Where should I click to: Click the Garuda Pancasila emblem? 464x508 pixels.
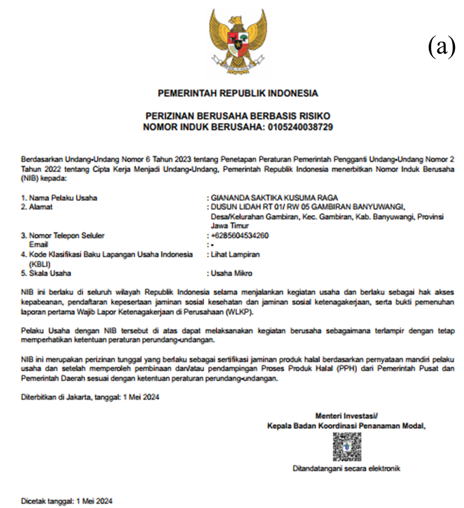[x=238, y=42]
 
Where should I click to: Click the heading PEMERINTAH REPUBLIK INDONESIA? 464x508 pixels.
[x=238, y=93]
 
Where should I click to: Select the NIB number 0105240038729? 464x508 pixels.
[x=300, y=127]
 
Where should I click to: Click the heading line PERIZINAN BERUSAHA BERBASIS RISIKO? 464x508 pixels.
[x=238, y=117]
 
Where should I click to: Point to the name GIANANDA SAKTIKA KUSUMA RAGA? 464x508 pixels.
[x=276, y=198]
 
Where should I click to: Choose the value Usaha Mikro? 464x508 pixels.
[x=231, y=273]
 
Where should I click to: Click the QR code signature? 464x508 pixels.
[x=346, y=447]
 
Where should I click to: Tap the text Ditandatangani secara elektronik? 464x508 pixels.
[x=346, y=468]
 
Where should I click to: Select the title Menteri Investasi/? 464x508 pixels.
[x=346, y=416]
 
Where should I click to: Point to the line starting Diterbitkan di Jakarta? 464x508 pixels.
[x=90, y=398]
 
